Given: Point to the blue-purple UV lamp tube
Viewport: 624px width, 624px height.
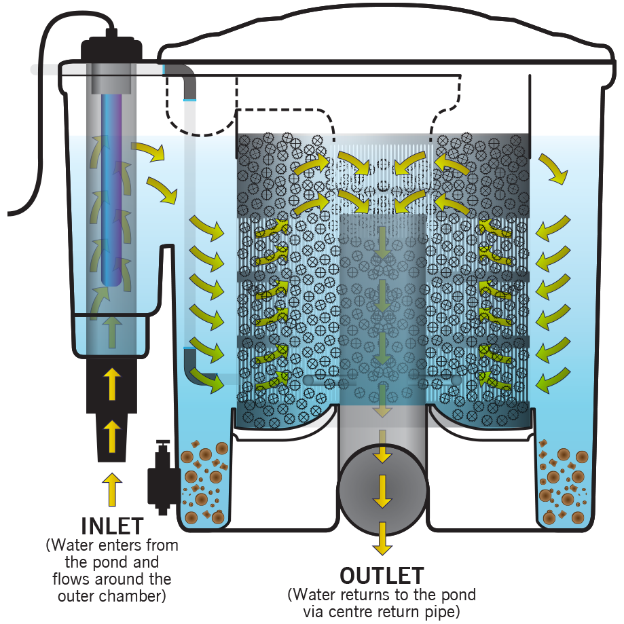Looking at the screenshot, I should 111,190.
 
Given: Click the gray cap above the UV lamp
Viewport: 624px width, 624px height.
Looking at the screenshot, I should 111,79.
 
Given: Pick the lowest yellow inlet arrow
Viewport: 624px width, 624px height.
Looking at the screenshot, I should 112,489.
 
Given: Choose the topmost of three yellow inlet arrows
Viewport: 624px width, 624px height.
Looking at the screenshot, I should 112,383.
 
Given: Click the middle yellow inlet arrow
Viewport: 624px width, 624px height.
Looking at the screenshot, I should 112,436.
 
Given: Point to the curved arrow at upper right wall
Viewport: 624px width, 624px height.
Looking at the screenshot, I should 553,168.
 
